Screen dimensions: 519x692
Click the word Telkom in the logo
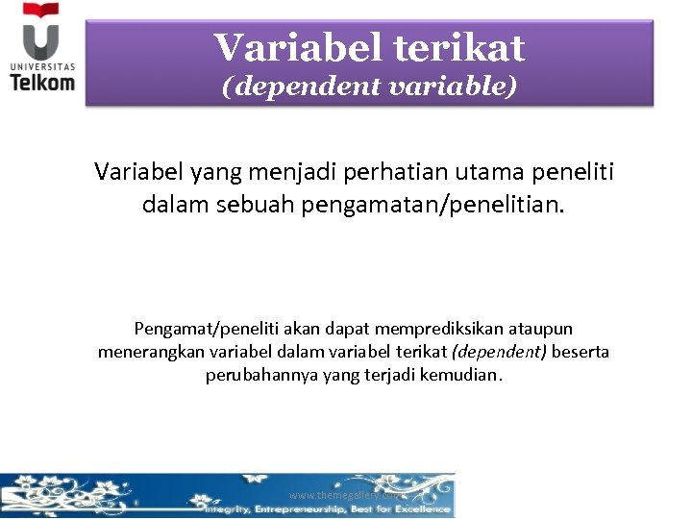tap(42, 82)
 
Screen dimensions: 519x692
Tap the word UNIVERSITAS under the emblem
tap(42, 65)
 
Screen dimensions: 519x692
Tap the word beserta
tap(580, 352)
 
